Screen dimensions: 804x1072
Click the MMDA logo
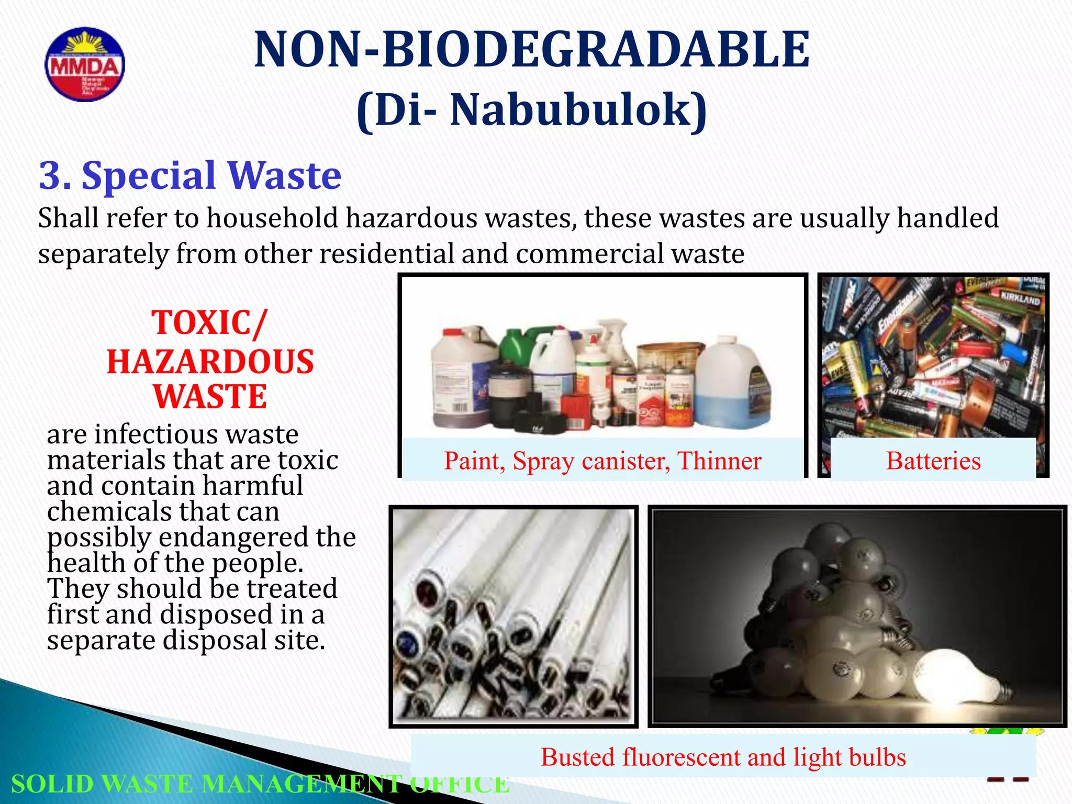click(85, 64)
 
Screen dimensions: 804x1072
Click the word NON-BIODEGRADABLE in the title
click(532, 50)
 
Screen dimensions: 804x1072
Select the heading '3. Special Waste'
click(190, 175)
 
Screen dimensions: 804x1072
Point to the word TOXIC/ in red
click(209, 322)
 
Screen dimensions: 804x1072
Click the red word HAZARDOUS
click(210, 362)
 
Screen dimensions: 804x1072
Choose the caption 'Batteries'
click(933, 461)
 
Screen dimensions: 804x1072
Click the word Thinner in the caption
click(719, 461)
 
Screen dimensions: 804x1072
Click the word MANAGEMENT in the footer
click(301, 784)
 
